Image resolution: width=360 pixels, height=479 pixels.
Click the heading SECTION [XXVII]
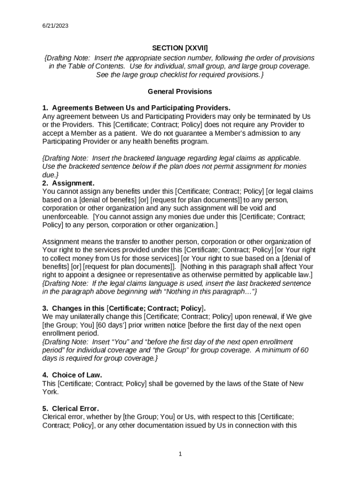[x=180, y=48]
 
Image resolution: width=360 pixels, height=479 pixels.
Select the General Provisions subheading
[x=180, y=92]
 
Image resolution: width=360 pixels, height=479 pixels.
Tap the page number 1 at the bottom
[x=180, y=454]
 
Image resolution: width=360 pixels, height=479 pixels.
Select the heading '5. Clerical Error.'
[x=71, y=408]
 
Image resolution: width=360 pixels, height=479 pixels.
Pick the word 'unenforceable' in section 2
[x=65, y=217]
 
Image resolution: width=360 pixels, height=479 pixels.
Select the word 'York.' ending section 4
[x=50, y=392]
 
